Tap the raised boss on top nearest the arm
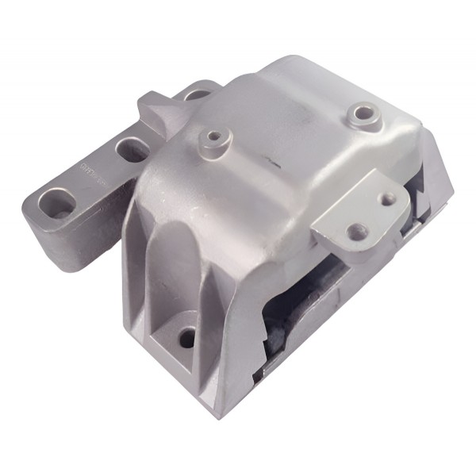pyautogui.click(x=211, y=138)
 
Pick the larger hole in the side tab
pyautogui.click(x=355, y=232)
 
